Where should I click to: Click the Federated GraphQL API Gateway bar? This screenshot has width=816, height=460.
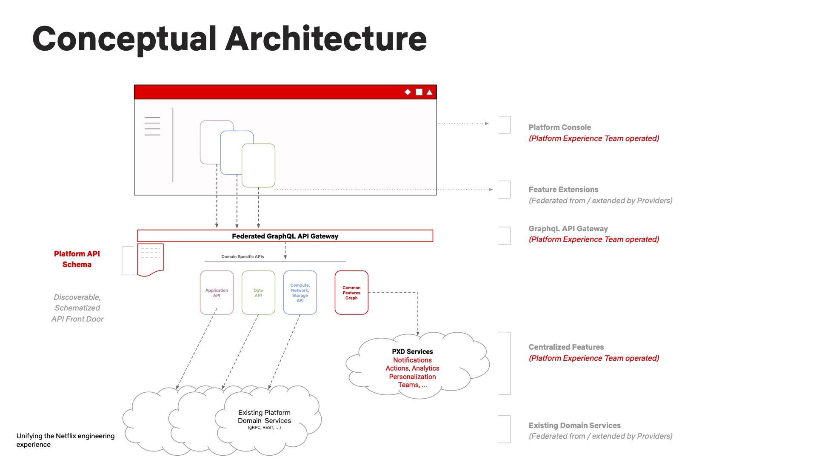(x=285, y=236)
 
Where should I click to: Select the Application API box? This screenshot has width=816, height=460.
(x=217, y=293)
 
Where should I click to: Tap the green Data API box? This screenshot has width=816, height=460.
(x=258, y=293)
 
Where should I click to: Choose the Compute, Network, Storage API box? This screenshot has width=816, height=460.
(x=300, y=293)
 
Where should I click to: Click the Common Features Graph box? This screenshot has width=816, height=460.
(x=351, y=293)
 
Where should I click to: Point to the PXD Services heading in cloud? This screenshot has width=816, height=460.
(x=412, y=352)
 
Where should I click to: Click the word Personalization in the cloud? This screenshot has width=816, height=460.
(x=412, y=377)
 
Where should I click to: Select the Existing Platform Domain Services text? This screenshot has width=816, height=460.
(x=264, y=417)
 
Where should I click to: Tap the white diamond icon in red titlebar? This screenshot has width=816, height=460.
(x=408, y=92)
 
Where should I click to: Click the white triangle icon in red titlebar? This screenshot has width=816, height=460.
(x=430, y=92)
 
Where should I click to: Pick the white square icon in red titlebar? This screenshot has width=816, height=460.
(x=419, y=92)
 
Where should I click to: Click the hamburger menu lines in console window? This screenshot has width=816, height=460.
(x=152, y=126)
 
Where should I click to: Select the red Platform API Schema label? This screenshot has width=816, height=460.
(x=77, y=259)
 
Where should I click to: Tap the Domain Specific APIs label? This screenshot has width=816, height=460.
(x=243, y=257)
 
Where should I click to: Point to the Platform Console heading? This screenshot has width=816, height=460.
(x=559, y=127)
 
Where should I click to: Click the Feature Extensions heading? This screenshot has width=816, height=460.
(x=563, y=190)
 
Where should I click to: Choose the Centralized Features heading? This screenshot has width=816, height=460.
(x=566, y=347)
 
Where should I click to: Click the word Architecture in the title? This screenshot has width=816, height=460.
(x=325, y=39)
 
